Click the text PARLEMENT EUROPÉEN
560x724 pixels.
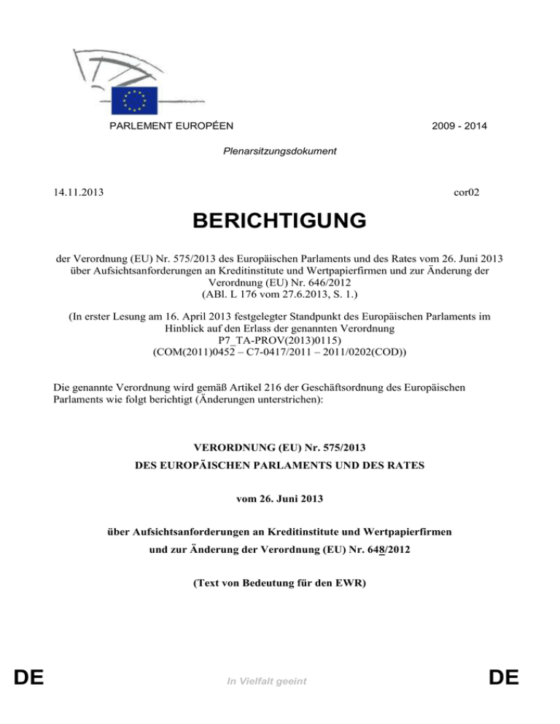[x=172, y=126]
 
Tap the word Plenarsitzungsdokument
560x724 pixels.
[x=280, y=152]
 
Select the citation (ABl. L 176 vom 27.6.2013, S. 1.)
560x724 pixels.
[x=280, y=294]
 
